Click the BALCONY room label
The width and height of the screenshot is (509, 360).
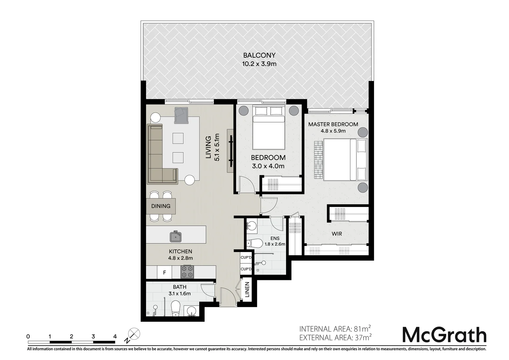[x=259, y=55]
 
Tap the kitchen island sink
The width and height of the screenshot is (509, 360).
[x=175, y=237]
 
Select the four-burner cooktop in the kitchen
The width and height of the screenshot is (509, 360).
[x=187, y=271]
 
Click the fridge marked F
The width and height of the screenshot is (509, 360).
[x=164, y=273]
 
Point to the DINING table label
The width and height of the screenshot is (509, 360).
[x=161, y=206]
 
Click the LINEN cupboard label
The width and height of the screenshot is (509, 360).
[x=247, y=290]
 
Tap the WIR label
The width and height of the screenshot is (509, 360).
[x=337, y=234]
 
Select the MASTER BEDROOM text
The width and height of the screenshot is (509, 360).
[x=333, y=124]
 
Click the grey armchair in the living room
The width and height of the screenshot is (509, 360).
[x=181, y=115]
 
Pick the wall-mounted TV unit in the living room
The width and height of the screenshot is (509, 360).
[x=230, y=151]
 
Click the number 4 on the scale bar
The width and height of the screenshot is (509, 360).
[x=115, y=336]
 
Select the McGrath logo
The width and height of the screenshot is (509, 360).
[x=444, y=335]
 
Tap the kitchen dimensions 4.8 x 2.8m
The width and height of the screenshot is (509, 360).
[x=180, y=258]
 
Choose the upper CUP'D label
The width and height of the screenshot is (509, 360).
[x=246, y=258]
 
